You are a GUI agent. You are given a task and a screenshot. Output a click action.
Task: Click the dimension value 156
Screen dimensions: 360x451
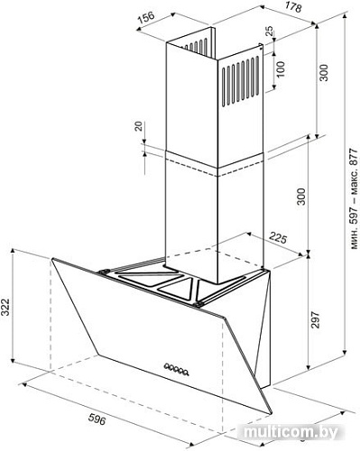click(x=146, y=17)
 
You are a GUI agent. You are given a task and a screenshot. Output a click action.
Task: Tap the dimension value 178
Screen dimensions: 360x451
click(x=292, y=6)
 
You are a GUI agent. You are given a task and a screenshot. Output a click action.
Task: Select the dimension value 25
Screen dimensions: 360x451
click(x=270, y=31)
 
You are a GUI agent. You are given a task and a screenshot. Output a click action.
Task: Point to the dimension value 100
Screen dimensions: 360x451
click(x=280, y=69)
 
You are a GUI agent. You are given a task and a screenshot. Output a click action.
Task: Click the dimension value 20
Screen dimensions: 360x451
click(x=138, y=126)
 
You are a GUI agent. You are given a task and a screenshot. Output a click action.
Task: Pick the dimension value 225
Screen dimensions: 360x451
click(x=278, y=238)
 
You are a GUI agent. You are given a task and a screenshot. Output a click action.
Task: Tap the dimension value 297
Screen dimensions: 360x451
click(x=315, y=320)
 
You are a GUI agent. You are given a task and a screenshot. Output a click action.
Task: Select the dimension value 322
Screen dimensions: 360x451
click(x=5, y=307)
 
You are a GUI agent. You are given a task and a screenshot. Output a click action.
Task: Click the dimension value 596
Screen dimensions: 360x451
click(x=97, y=419)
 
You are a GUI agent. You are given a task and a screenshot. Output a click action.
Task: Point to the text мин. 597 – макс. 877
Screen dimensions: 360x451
click(x=355, y=198)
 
